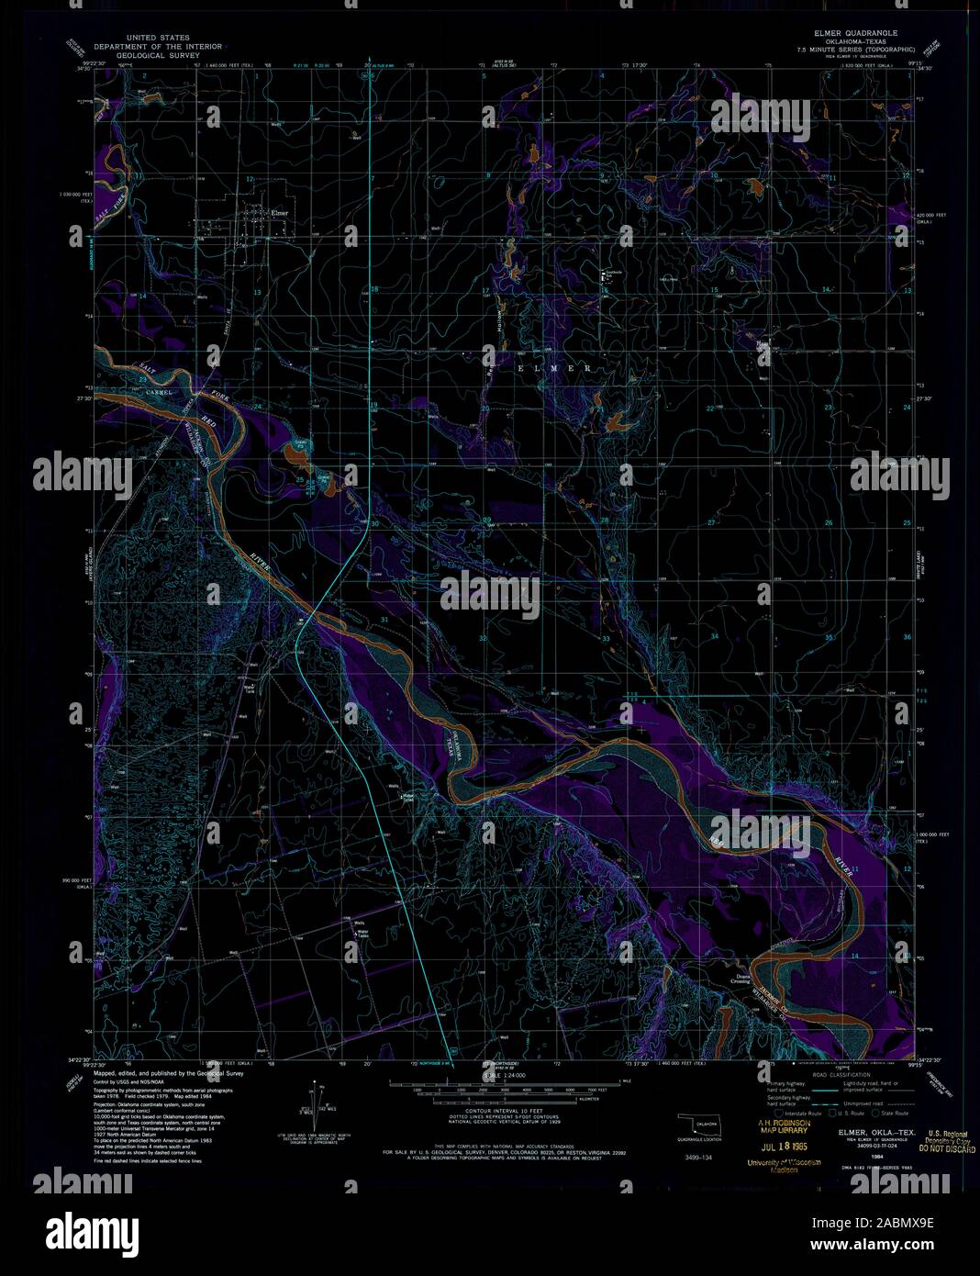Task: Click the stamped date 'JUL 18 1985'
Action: [785, 1147]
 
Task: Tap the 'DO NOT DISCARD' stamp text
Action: [946, 1148]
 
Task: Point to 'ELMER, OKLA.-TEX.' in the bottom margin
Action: [876, 1132]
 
